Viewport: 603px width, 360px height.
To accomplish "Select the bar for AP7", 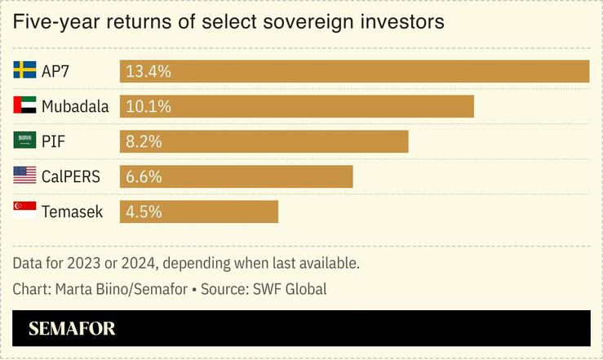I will point(354,71).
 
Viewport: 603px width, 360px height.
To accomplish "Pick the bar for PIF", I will point(264,141).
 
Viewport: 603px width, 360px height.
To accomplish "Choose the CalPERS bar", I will point(236,176).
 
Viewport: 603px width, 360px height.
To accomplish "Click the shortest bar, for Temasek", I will point(198,211).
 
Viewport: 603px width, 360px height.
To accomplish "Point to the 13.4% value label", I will point(149,71).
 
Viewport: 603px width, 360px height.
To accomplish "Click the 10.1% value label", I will point(148,106).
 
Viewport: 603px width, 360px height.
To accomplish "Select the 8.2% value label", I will point(144,141).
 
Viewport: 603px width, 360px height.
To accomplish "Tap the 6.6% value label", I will point(144,176).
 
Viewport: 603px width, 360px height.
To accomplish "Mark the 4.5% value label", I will point(144,211).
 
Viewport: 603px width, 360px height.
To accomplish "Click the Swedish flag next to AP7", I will point(25,70).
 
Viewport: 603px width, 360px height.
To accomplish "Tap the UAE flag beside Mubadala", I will point(25,105).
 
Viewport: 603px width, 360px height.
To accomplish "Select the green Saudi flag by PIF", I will point(25,140).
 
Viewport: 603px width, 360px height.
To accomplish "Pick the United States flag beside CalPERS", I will point(25,176).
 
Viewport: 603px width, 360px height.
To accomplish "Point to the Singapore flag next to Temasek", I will point(25,211).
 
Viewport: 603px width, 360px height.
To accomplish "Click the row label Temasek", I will point(73,211).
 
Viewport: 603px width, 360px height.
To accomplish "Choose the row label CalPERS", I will point(73,176).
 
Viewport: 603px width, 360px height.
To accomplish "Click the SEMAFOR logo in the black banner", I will point(72,329).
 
